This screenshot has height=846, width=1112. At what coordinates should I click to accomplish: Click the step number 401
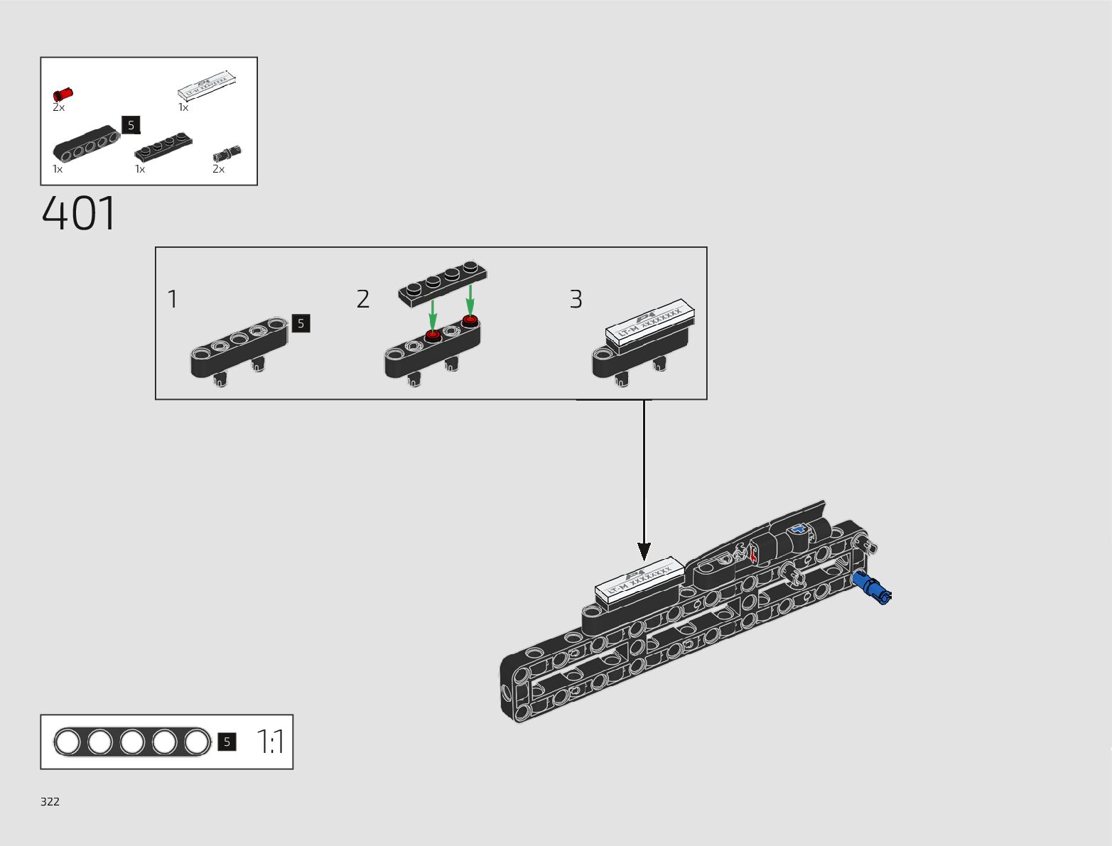click(79, 214)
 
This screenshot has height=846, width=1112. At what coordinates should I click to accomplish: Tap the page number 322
click(50, 801)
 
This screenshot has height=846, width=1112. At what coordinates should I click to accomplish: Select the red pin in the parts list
click(63, 94)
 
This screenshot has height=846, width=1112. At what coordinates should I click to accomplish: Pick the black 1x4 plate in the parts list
click(163, 145)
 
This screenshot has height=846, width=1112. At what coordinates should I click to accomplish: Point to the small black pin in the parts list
click(227, 153)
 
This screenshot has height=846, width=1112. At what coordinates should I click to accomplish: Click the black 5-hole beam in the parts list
click(85, 143)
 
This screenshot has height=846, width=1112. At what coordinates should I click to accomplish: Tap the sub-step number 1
click(172, 299)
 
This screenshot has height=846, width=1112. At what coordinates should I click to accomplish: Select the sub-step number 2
click(363, 299)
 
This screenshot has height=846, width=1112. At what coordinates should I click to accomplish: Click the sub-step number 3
click(576, 299)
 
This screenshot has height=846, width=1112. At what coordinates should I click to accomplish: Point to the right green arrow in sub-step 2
click(470, 300)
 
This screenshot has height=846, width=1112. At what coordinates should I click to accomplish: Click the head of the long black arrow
click(644, 551)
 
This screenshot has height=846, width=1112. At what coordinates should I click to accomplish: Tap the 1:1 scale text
click(271, 742)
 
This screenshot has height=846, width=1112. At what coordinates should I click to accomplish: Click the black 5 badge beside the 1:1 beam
click(227, 742)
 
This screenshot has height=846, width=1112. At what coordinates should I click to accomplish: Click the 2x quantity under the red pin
click(58, 107)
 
